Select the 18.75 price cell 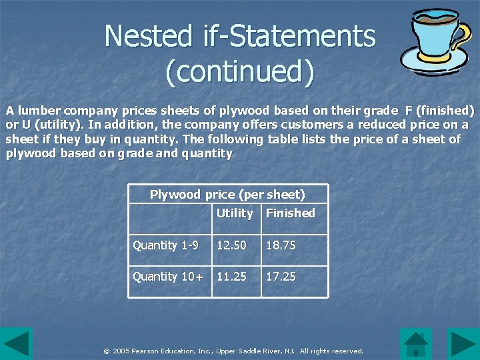(281, 245)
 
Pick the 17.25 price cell (281, 277)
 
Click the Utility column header (235, 213)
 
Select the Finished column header (290, 213)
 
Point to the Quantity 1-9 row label (165, 245)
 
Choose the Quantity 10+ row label (168, 277)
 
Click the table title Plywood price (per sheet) (227, 195)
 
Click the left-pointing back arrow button (16, 344)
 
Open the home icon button (416, 344)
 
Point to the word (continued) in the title (239, 72)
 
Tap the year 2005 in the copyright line (121, 351)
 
